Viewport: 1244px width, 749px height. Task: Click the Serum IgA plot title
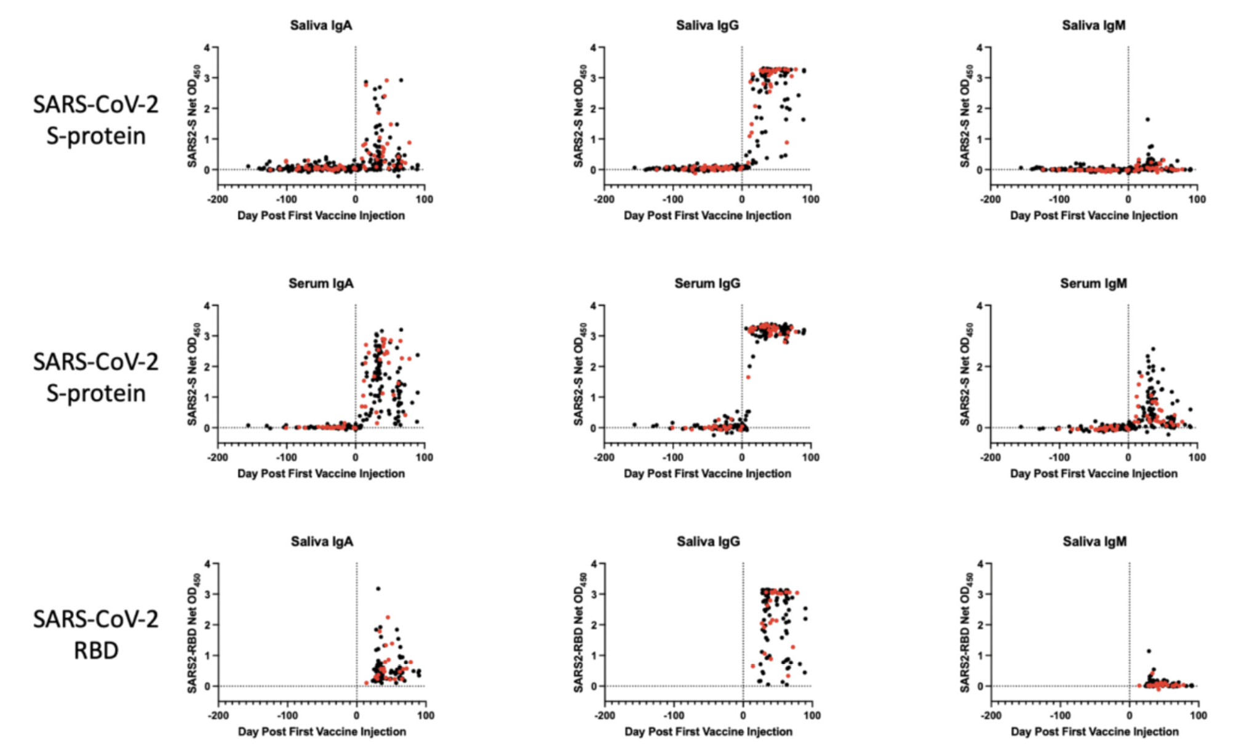coord(321,284)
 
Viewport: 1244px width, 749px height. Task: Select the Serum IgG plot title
coord(707,284)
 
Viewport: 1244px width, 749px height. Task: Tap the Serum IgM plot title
coord(1093,284)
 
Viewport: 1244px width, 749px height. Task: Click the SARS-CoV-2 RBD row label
coord(96,635)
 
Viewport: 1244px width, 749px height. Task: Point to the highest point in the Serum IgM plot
coord(1153,349)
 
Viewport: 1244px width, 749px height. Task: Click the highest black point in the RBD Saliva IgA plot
coord(378,589)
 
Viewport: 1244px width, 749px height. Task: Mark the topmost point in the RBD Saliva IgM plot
coord(1149,651)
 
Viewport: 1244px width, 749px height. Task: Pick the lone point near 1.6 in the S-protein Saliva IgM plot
coord(1147,119)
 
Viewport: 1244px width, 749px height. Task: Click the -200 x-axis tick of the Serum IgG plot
coord(604,457)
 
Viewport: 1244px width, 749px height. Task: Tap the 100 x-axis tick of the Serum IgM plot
coord(1197,457)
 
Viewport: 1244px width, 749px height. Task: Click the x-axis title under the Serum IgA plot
coord(321,473)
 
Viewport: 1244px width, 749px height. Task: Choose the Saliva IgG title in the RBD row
coord(708,542)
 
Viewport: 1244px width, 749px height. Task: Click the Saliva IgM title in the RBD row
coord(1094,542)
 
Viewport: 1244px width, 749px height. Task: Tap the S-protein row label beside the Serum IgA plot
coord(96,377)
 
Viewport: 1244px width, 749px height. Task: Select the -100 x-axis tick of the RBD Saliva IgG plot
coord(674,715)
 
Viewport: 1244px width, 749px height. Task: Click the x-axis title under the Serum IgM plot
coord(1093,473)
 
